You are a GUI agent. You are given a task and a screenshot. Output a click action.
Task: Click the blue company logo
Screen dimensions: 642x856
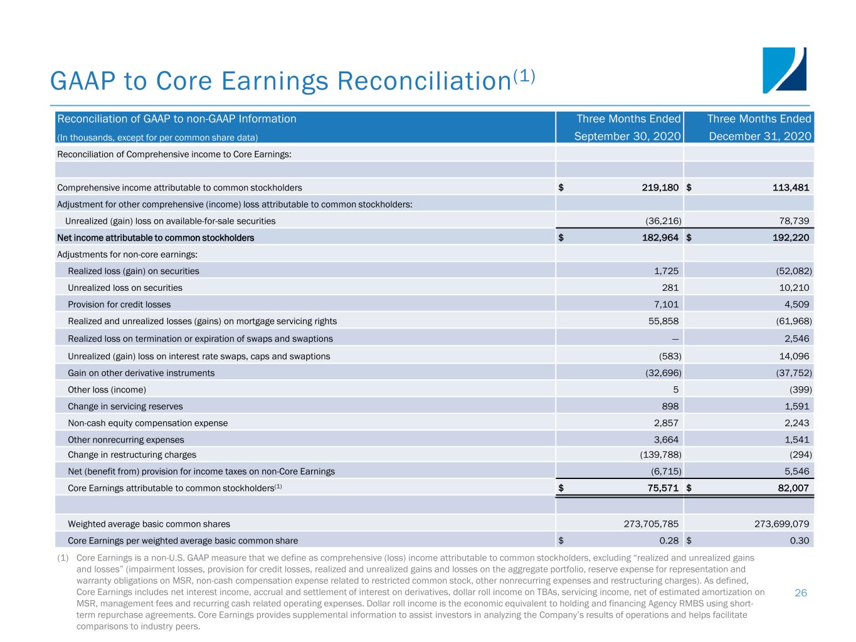coord(784,70)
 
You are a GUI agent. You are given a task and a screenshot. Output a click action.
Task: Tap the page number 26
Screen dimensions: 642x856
coord(801,592)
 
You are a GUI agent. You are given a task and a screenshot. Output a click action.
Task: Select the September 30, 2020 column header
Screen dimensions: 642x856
coord(628,136)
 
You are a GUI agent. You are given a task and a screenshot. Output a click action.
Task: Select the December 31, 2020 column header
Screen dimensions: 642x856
coord(758,136)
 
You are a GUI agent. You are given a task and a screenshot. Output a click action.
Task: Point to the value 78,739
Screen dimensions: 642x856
coord(793,221)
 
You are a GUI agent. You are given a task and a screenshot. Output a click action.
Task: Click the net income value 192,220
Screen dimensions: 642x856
coord(786,238)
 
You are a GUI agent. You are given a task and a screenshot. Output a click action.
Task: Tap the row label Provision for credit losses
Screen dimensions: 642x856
coord(119,305)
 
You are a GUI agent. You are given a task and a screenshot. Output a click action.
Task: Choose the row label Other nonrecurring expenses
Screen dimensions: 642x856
coord(126,439)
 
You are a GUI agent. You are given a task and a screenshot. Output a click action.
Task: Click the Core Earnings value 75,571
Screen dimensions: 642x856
coord(658,488)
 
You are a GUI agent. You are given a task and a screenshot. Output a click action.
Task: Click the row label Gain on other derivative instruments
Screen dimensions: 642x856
coord(141,373)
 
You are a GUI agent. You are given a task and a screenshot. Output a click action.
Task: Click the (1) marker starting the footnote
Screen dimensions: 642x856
coord(63,557)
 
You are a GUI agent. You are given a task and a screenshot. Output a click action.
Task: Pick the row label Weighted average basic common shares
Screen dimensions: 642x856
coord(149,524)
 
